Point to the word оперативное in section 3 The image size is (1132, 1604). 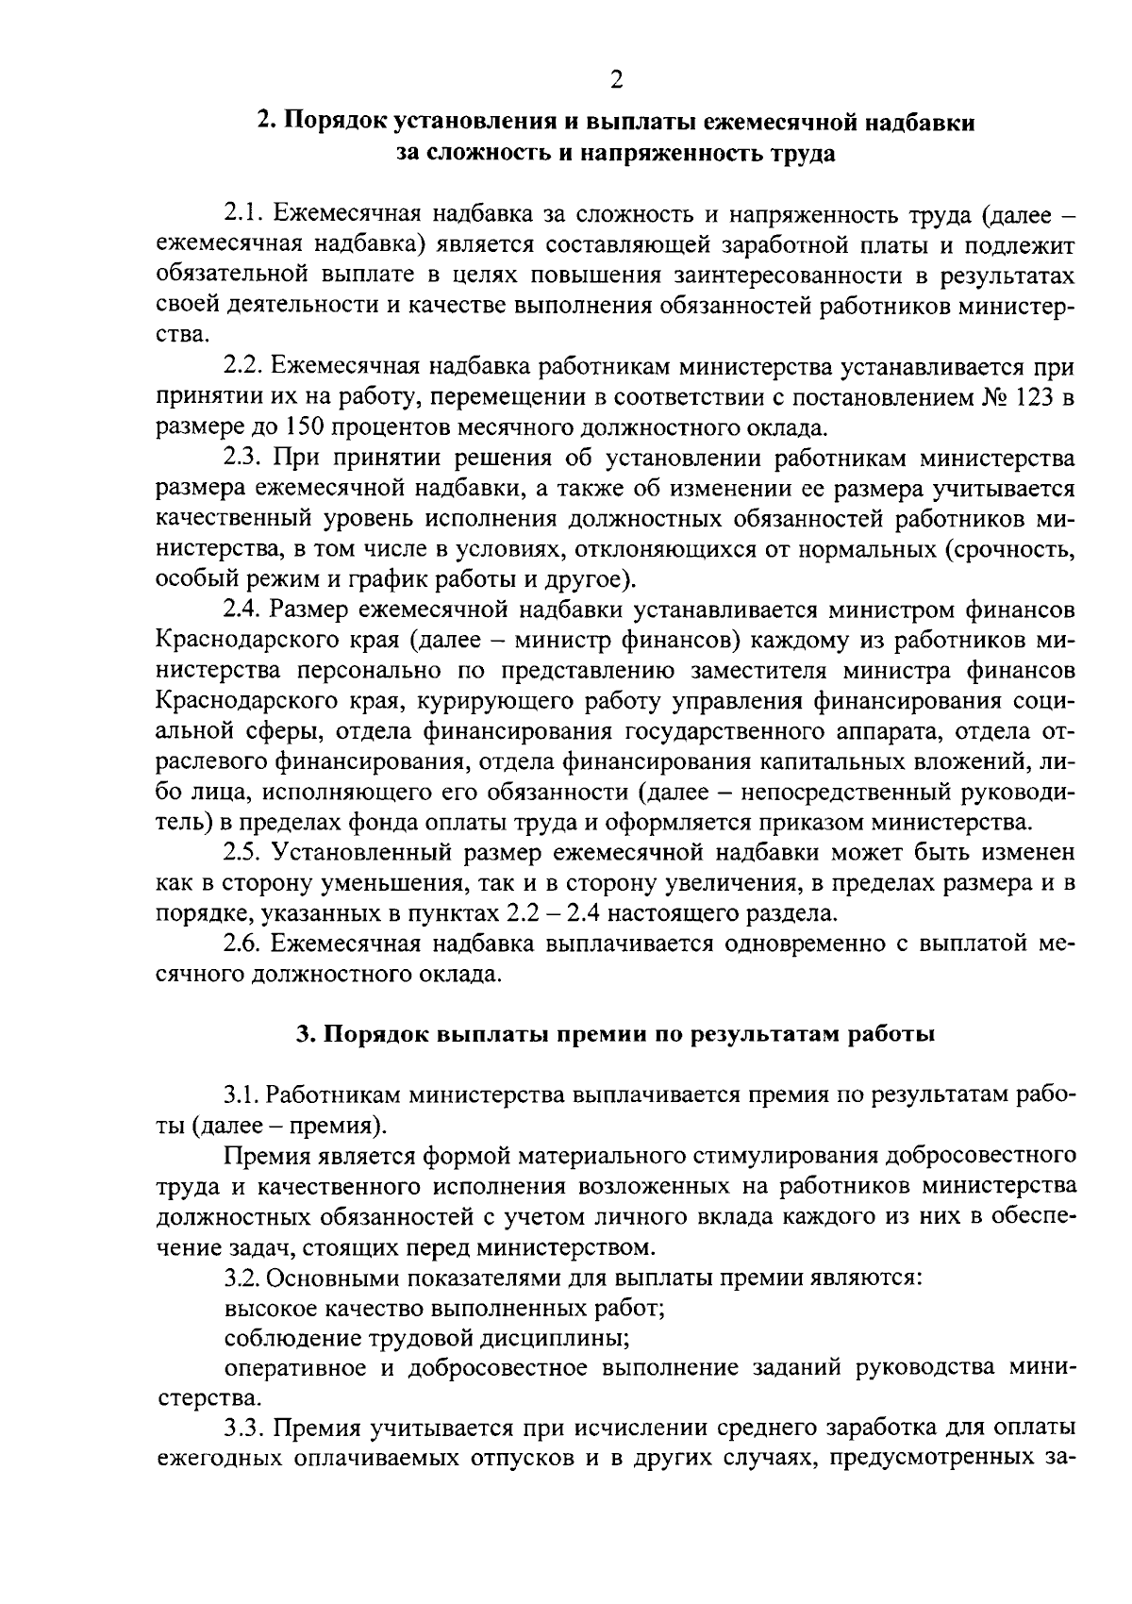click(293, 1370)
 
